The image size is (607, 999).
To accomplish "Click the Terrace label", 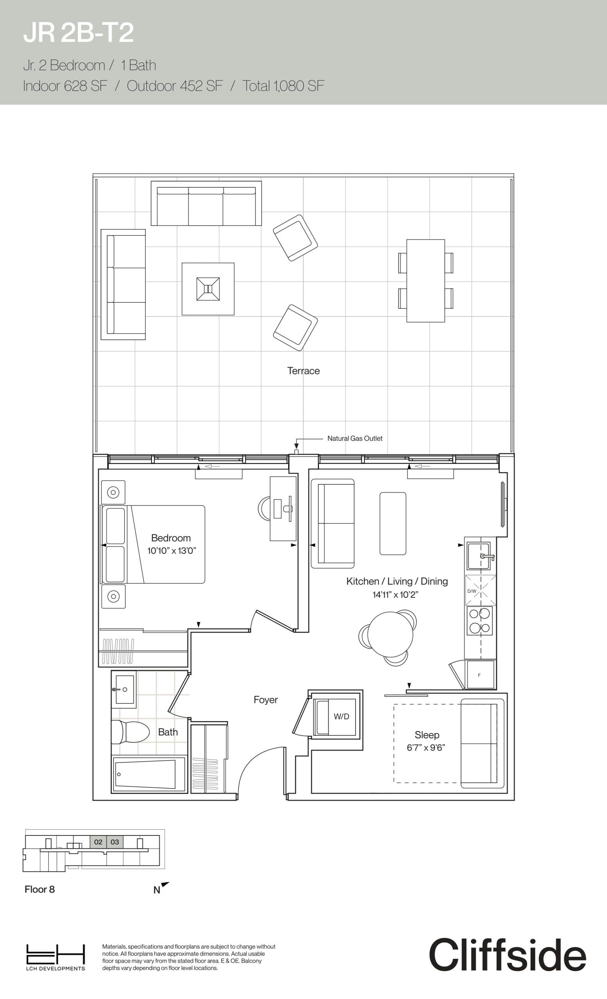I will pos(303,371).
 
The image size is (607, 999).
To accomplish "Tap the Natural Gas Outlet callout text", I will pos(355,438).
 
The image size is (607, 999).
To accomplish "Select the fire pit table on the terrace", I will pos(208,289).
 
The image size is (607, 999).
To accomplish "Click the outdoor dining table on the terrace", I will pos(426,281).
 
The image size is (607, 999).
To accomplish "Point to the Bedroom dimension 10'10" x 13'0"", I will pos(171,551).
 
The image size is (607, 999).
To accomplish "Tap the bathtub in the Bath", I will pos(148,774).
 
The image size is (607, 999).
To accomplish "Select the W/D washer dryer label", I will pos(341,716).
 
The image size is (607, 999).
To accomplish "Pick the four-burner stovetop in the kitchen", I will pos(480,621).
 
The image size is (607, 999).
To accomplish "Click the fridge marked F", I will pos(480,675).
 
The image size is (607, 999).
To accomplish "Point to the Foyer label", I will pos(265,700).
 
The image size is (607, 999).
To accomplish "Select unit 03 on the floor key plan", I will pos(115,842).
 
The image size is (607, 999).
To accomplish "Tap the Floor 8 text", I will pos(39,889).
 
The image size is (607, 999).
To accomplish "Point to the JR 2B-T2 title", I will pos(78,33).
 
